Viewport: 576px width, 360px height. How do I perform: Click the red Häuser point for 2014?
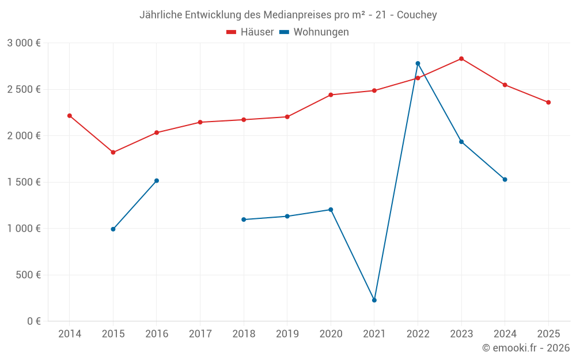[70, 116]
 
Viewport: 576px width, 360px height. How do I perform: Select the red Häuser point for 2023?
[461, 59]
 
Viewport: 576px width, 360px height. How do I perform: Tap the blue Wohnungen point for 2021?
[374, 300]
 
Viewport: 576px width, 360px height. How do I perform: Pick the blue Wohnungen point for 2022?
[418, 63]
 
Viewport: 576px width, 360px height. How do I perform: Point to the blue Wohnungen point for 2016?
[157, 181]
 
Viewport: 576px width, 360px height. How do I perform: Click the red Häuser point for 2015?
[113, 153]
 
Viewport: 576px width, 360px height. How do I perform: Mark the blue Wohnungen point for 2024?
[505, 180]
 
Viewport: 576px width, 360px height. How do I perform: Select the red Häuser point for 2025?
[548, 103]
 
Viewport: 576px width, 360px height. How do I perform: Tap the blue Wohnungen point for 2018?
[244, 219]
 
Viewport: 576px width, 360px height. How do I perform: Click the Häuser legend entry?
[250, 32]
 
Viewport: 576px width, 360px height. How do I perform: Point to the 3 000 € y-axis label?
[24, 43]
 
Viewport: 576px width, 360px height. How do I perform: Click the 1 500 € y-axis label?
[24, 182]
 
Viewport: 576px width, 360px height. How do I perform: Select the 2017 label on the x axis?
[200, 334]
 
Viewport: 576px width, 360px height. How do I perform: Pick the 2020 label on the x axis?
[331, 334]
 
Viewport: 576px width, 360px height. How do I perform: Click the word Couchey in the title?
[418, 14]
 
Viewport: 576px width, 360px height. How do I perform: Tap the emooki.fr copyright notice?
[526, 348]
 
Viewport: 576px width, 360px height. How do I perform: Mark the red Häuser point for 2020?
[331, 94]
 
